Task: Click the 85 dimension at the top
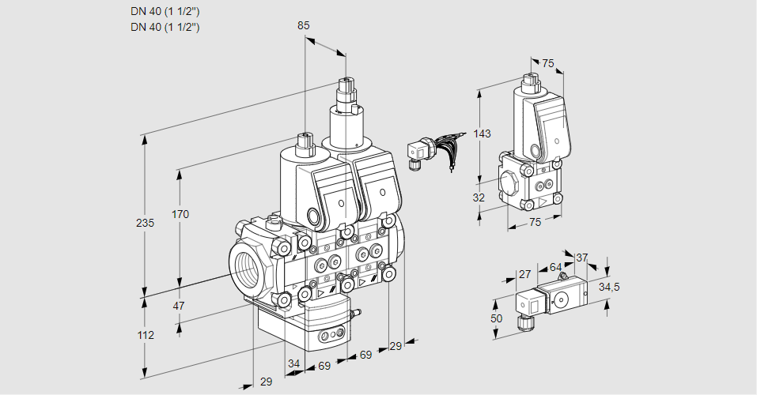[x=304, y=25]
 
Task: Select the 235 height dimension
[x=145, y=223]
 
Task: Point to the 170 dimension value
[x=180, y=214]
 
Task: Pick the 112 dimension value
[x=145, y=335]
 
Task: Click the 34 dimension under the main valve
[x=294, y=363]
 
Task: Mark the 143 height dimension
[x=482, y=134]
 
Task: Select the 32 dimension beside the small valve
[x=479, y=197]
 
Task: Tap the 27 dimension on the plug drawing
[x=524, y=274]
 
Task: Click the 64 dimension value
[x=555, y=267]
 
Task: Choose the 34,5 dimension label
[x=609, y=287]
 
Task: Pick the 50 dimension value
[x=496, y=318]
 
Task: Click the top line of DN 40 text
[x=165, y=11]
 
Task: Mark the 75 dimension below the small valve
[x=535, y=223]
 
